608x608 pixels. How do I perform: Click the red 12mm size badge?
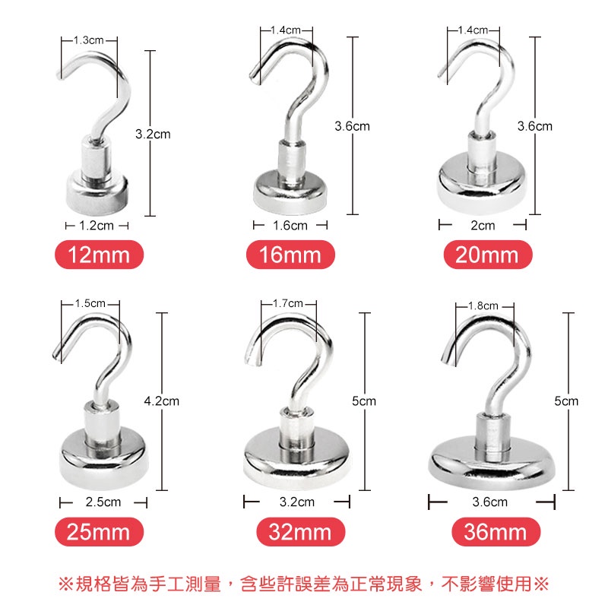(x=99, y=255)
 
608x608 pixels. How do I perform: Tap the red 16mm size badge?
(x=290, y=255)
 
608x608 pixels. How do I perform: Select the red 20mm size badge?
(x=488, y=255)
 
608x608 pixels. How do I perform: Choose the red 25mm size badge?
(x=99, y=531)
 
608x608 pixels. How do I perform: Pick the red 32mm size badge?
(x=300, y=531)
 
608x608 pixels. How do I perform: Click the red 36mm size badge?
(x=496, y=531)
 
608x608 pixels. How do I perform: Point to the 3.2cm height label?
(x=153, y=135)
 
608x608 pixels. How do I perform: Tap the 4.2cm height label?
(x=162, y=401)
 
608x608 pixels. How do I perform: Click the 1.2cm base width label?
(x=97, y=225)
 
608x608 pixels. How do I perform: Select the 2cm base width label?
(x=483, y=225)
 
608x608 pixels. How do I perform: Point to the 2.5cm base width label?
(x=103, y=502)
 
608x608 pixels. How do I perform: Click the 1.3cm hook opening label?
(x=89, y=40)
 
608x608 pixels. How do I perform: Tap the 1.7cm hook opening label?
(x=288, y=303)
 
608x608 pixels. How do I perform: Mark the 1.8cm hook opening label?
(x=483, y=306)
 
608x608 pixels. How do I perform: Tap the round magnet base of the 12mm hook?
(x=97, y=195)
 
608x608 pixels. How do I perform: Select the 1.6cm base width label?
(x=290, y=225)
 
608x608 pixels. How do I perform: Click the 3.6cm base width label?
(x=490, y=502)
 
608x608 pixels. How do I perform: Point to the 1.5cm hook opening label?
(x=90, y=303)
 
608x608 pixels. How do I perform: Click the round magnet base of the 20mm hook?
(x=482, y=183)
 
